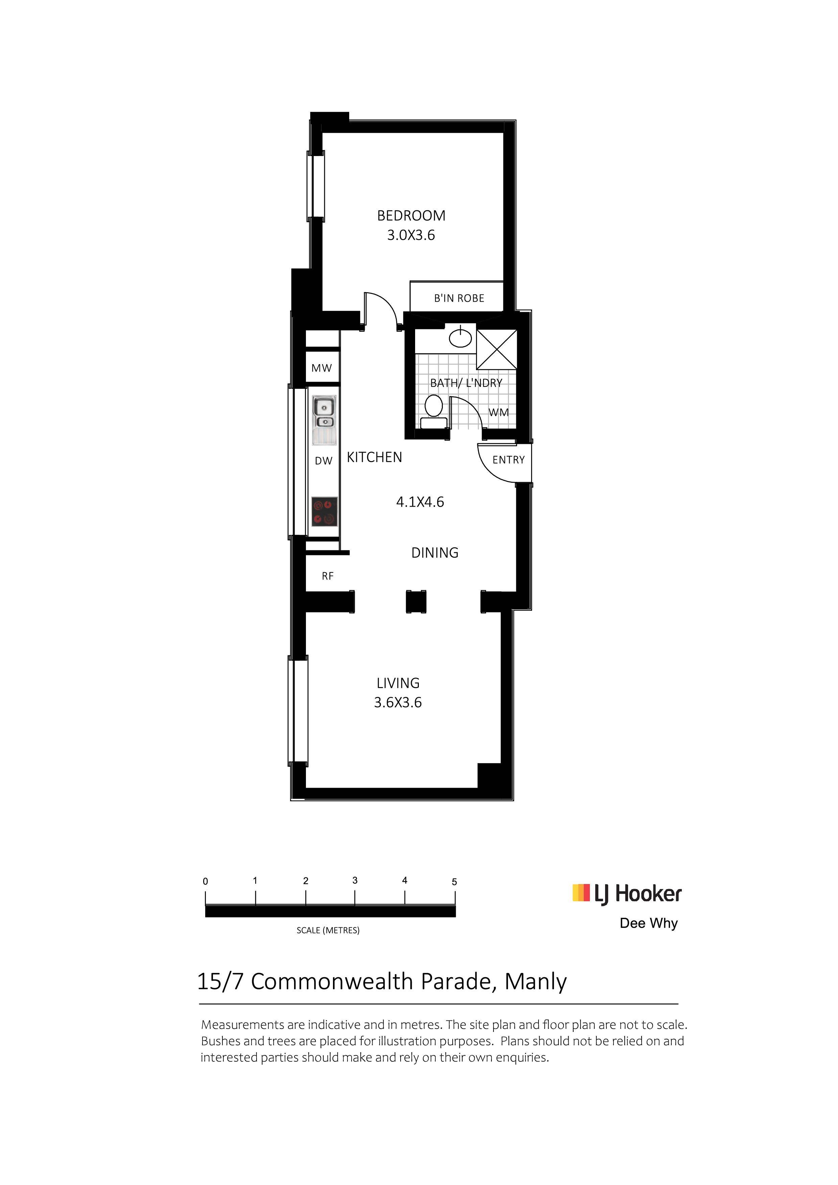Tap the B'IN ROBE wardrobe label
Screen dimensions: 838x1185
(459, 298)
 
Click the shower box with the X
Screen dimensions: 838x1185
(496, 349)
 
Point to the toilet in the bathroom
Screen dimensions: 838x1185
(434, 412)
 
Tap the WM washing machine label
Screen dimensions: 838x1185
(499, 412)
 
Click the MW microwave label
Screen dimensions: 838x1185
(322, 368)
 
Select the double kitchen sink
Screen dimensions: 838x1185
(324, 420)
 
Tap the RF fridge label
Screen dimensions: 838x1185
(327, 576)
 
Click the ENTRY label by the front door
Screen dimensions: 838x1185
(509, 460)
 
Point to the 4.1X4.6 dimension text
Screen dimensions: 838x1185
(420, 502)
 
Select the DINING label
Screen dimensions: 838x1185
(435, 553)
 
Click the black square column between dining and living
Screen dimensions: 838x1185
(416, 602)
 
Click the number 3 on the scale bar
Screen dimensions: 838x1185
(355, 881)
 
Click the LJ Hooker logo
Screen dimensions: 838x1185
(627, 893)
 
